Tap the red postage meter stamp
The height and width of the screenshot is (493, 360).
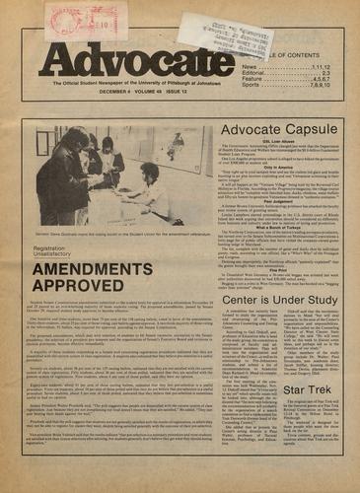coord(86,20)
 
